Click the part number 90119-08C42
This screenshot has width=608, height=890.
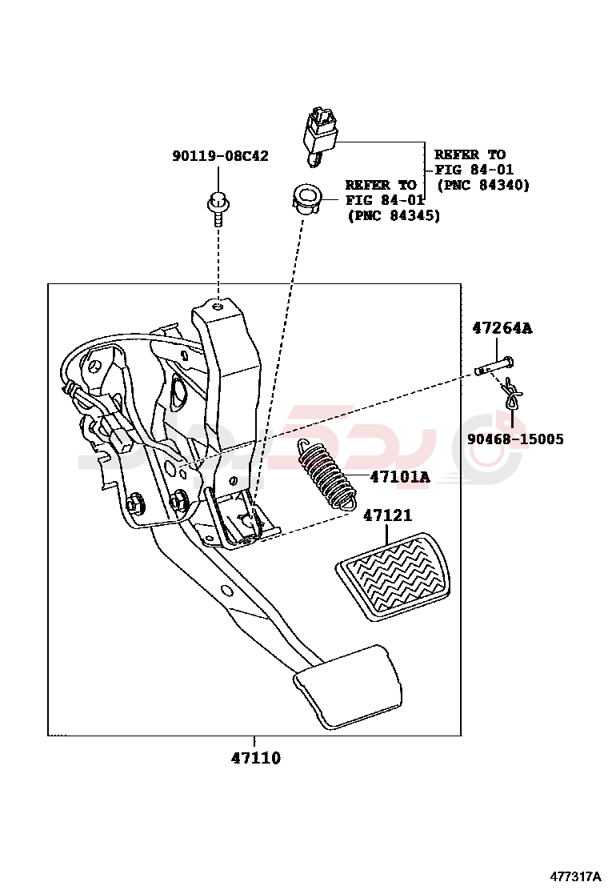220,156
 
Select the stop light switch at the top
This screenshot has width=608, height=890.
320,132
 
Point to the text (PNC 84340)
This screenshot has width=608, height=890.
483,185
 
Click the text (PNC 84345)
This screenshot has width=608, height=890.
393,215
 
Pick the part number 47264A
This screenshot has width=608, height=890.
502,328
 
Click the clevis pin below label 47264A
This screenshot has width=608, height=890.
493,367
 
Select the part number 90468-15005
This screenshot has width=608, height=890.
516,439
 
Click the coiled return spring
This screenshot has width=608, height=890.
324,475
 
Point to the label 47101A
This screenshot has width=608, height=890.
399,478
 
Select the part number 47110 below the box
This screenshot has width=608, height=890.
255,758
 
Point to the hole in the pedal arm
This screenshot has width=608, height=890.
227,591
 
